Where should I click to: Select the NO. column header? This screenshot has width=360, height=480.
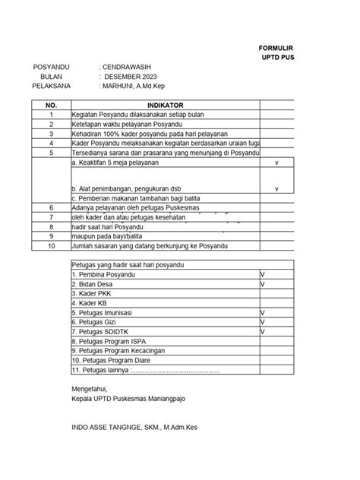click(52, 105)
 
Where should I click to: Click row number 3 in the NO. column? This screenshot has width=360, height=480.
click(52, 132)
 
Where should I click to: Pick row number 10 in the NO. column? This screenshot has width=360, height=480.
click(52, 246)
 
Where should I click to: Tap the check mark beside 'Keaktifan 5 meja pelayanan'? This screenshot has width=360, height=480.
click(276, 163)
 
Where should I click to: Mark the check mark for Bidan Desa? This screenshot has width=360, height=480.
click(262, 283)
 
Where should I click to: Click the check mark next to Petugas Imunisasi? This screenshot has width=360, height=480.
click(262, 312)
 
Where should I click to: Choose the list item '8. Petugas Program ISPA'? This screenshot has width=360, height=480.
click(109, 342)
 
